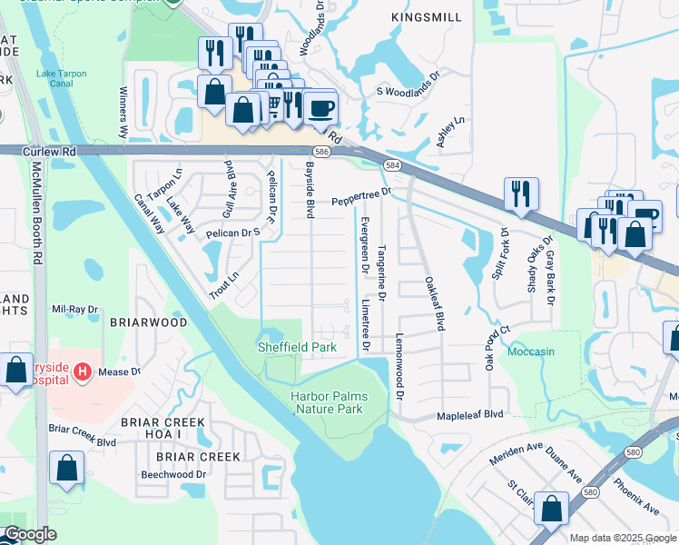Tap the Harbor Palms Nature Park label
(327, 402)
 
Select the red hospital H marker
(83, 372)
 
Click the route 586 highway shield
(320, 152)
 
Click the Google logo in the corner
(30, 534)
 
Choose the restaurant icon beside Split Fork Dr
(520, 193)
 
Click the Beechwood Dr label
(172, 474)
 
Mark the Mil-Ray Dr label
(74, 310)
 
